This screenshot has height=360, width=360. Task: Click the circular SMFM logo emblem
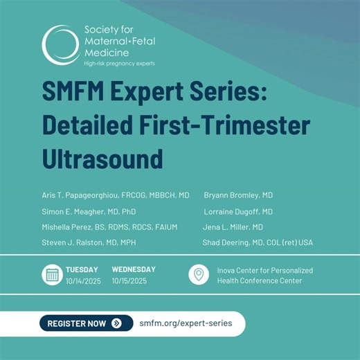(x=59, y=46)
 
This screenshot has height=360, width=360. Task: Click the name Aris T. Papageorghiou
(x=76, y=195)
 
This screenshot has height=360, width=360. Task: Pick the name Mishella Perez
(x=69, y=227)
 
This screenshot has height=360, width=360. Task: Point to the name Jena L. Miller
(x=227, y=227)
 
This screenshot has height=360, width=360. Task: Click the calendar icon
(x=52, y=275)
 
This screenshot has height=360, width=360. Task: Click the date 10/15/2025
(x=130, y=281)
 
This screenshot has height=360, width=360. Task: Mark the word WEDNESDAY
(x=134, y=269)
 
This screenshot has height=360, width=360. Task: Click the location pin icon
(x=199, y=275)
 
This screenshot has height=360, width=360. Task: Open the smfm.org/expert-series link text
(x=186, y=323)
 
